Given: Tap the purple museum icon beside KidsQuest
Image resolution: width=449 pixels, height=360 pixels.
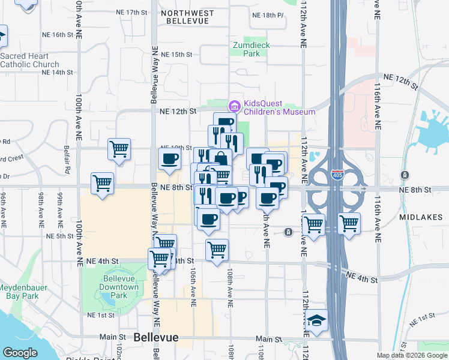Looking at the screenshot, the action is [234, 107].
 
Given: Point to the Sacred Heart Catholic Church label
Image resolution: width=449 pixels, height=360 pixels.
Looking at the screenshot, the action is [29, 61].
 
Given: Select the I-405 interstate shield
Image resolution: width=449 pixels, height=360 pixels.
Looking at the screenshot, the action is [337, 176].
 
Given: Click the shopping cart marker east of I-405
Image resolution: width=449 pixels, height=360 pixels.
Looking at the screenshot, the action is [349, 224].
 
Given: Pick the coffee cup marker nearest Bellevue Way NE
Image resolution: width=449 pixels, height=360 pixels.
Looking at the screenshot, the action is [169, 159].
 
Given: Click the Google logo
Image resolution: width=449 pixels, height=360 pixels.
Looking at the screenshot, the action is [20, 353].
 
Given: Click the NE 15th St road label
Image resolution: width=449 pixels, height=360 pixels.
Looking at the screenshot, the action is [176, 54].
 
